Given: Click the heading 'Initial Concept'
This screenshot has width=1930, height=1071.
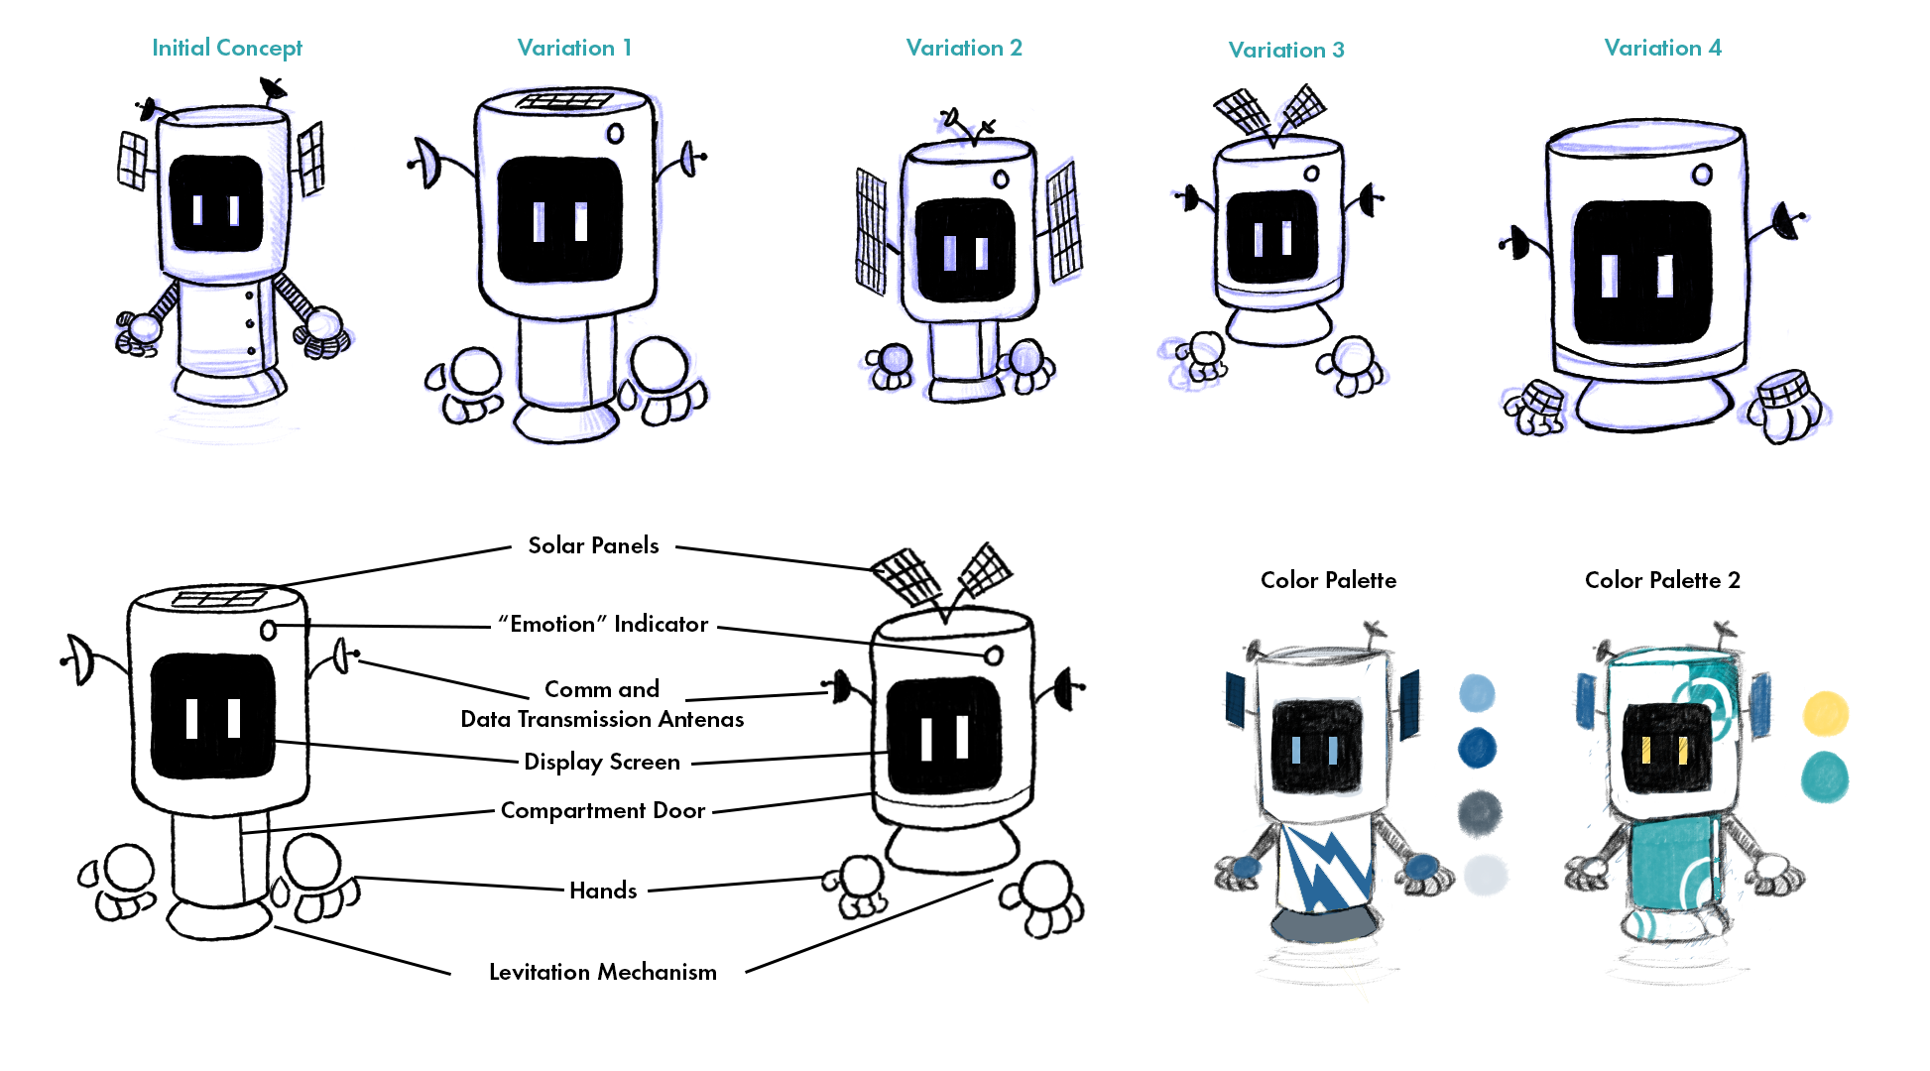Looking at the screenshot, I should pyautogui.click(x=226, y=48).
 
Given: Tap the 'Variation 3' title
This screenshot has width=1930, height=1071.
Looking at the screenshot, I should pyautogui.click(x=1285, y=50).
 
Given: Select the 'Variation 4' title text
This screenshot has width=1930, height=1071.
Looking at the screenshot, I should pyautogui.click(x=1662, y=48).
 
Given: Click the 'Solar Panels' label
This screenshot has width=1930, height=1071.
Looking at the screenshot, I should pyautogui.click(x=593, y=545).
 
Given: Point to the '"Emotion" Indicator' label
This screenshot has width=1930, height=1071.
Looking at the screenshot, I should pyautogui.click(x=603, y=624).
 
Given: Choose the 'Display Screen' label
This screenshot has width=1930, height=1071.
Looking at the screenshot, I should pyautogui.click(x=602, y=762).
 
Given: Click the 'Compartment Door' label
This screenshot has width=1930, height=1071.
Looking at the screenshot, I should pyautogui.click(x=603, y=810).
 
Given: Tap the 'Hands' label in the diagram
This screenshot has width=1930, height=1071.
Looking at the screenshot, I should pyautogui.click(x=603, y=891).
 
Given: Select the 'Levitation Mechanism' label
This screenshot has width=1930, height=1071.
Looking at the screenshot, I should pyautogui.click(x=603, y=972).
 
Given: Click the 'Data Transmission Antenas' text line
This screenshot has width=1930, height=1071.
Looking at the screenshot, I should pyautogui.click(x=602, y=719).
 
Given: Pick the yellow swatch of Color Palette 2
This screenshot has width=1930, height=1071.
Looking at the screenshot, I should pyautogui.click(x=1825, y=714).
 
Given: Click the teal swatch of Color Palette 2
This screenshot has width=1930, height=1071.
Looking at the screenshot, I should pyautogui.click(x=1825, y=775).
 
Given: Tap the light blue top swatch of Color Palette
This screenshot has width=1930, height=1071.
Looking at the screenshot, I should pyautogui.click(x=1477, y=692).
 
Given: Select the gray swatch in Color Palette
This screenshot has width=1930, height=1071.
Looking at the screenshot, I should pyautogui.click(x=1480, y=812).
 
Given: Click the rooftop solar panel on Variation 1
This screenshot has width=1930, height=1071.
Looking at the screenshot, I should pyautogui.click(x=565, y=101).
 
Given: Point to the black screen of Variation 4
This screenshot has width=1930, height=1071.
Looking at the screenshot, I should pyautogui.click(x=1642, y=273).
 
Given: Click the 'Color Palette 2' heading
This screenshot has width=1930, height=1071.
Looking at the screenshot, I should pyautogui.click(x=1662, y=580).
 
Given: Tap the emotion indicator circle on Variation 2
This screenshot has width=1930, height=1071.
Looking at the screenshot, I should pyautogui.click(x=1002, y=179).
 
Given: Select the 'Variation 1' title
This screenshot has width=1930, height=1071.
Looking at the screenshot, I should pyautogui.click(x=574, y=48).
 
